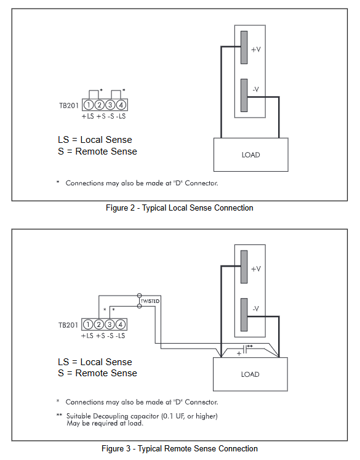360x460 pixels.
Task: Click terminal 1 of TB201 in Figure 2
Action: pos(89,105)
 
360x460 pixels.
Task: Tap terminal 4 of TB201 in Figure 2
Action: pos(121,105)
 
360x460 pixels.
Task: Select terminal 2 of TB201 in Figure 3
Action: pos(99,325)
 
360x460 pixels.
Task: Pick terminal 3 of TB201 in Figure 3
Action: pos(110,325)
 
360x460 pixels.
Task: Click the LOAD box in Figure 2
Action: pos(251,155)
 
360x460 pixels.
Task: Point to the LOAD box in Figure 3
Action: pos(250,374)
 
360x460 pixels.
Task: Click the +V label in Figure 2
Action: pos(256,49)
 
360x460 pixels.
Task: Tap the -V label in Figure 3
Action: pos(255,309)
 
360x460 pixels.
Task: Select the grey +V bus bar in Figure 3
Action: pos(244,267)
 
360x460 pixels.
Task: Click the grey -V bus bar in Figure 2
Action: pos(244,95)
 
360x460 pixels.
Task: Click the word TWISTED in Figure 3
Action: pos(150,301)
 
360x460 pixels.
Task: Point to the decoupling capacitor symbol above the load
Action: pos(246,349)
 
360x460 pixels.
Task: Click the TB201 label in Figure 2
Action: pos(69,105)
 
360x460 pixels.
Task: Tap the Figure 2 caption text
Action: pos(180,208)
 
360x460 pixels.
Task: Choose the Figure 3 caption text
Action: pos(180,448)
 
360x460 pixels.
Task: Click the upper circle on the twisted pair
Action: pos(140,296)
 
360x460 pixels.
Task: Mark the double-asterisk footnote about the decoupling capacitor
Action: pos(137,419)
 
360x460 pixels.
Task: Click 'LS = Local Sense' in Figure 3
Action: pos(95,361)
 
